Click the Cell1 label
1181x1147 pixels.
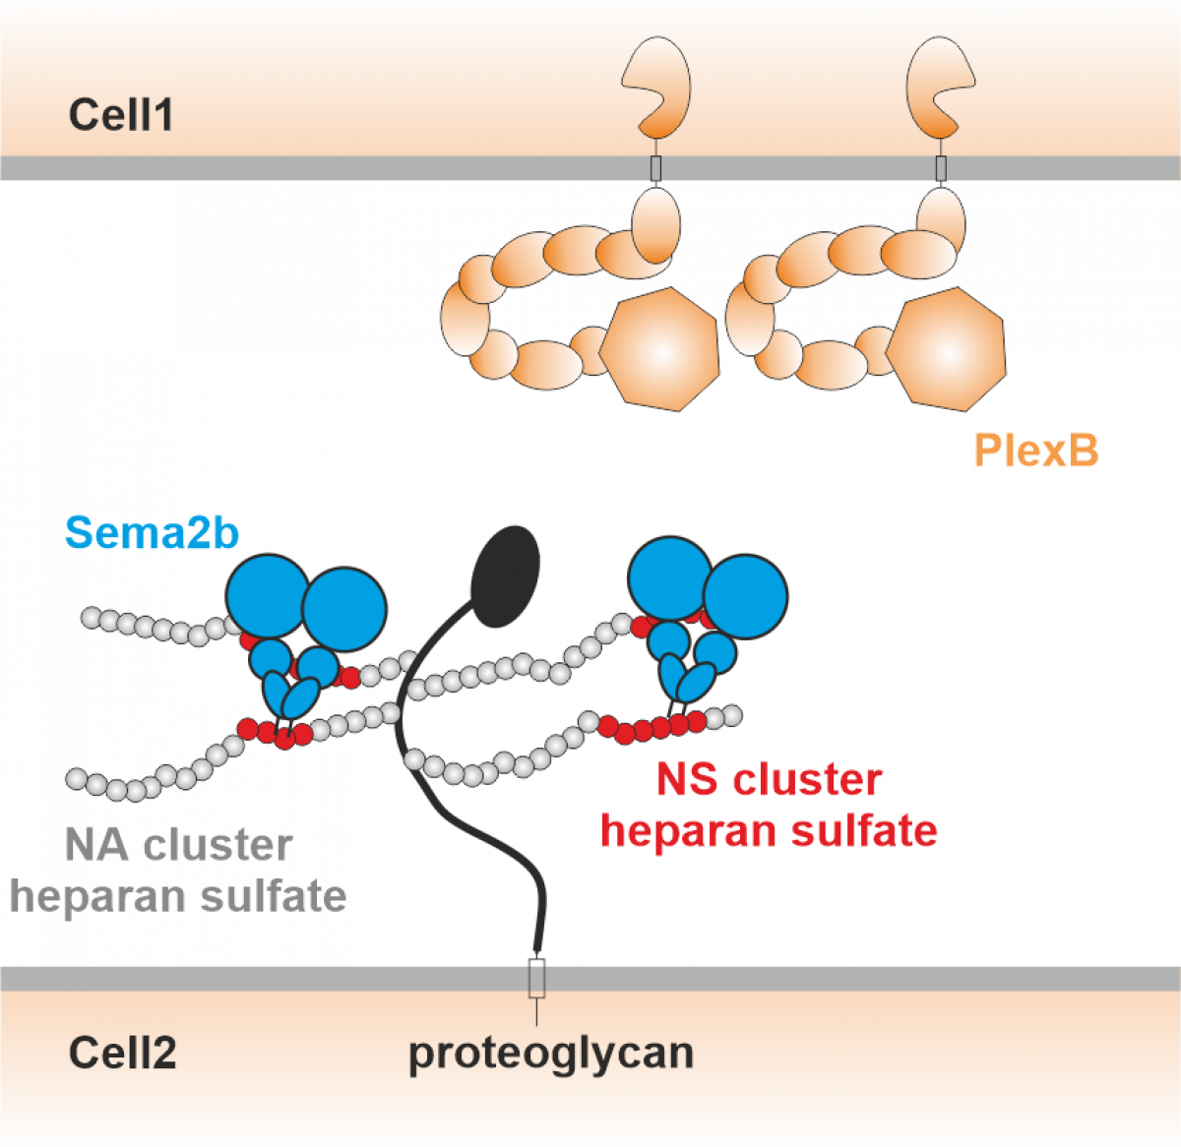click(121, 115)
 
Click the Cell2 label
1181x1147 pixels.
click(122, 1054)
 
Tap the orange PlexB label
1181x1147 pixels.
click(1035, 451)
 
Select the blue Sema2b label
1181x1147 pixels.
click(152, 533)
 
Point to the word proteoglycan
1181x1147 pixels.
click(551, 1053)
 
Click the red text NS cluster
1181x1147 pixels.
click(769, 780)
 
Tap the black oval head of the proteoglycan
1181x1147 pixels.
click(505, 576)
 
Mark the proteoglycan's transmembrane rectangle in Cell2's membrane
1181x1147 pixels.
click(536, 978)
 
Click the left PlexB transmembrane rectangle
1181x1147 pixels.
click(655, 168)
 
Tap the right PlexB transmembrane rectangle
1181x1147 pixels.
click(941, 168)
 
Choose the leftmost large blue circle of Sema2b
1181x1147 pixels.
click(267, 595)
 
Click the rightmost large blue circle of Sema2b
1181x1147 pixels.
click(746, 596)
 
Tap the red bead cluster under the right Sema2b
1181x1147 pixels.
click(653, 728)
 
